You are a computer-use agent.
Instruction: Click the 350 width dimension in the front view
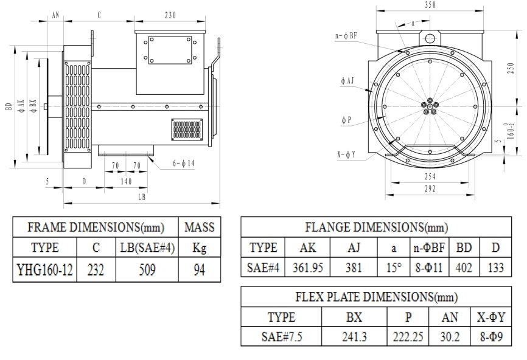[x=430, y=5]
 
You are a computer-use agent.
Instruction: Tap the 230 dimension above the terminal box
[x=170, y=15]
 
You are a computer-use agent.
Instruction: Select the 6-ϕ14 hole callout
[x=184, y=164]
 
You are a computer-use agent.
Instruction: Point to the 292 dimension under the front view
[x=430, y=189]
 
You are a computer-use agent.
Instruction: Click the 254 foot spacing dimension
[x=430, y=176]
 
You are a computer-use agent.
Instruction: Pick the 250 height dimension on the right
[x=511, y=69]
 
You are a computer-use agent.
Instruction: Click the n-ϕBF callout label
[x=346, y=36]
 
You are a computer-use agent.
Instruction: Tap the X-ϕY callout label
[x=346, y=154]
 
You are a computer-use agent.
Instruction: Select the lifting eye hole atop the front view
[x=430, y=39]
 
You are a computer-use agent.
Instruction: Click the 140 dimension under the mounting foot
[x=126, y=182]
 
